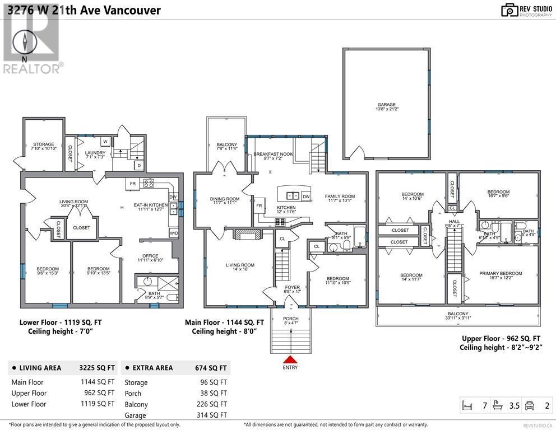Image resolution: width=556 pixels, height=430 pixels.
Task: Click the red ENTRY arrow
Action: coord(290,359)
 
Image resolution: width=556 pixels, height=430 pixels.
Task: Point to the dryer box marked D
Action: coord(138,165)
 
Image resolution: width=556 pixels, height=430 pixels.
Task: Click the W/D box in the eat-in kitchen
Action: coord(173,233)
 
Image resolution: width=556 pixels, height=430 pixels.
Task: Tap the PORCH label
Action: coord(290,320)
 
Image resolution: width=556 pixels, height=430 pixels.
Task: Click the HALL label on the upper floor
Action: coord(454,221)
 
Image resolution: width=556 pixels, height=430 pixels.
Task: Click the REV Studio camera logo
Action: coord(509,10)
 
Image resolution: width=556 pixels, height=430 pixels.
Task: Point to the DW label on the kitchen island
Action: coord(306,197)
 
